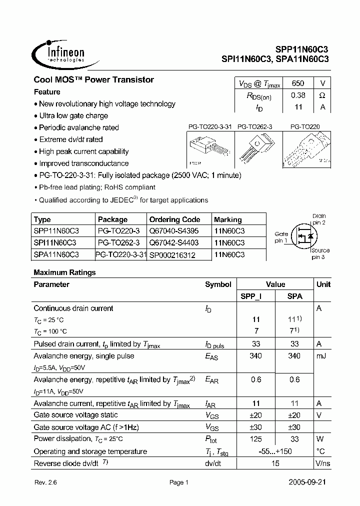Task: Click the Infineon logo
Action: click(59, 53)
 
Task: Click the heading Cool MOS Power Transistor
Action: click(93, 80)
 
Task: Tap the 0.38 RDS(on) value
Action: click(297, 95)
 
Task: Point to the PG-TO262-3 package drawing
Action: click(254, 148)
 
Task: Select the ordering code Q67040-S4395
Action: click(173, 231)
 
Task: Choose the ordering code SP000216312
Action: click(172, 255)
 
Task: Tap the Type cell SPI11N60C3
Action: click(54, 242)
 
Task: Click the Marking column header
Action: click(227, 219)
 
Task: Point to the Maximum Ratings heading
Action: click(64, 272)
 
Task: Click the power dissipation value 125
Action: click(256, 439)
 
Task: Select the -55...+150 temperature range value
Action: click(275, 451)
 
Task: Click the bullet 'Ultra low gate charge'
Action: click(73, 116)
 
